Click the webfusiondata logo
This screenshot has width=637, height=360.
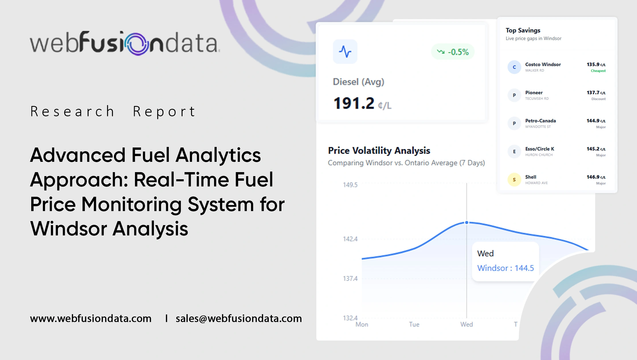(x=125, y=43)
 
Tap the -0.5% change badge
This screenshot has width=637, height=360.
(x=453, y=52)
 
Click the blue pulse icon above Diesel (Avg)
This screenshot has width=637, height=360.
(x=345, y=52)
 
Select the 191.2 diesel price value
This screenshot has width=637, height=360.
(x=354, y=103)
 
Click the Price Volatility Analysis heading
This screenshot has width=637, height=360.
(x=379, y=150)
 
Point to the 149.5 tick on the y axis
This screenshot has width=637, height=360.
(x=350, y=185)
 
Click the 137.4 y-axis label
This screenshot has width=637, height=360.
(x=350, y=278)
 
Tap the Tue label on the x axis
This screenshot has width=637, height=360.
(x=414, y=324)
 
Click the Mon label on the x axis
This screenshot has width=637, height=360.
(x=362, y=324)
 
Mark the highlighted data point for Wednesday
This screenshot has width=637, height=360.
(x=467, y=223)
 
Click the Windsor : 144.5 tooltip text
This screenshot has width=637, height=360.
(x=505, y=268)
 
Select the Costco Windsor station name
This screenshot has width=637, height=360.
(x=543, y=64)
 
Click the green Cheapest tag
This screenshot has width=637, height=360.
(x=598, y=71)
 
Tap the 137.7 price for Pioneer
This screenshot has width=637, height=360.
(x=596, y=93)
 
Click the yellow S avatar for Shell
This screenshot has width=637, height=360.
(x=514, y=180)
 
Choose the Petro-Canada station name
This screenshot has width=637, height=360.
(x=540, y=121)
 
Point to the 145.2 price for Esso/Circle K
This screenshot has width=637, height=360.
(x=596, y=149)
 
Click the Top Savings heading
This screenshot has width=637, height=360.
(x=523, y=30)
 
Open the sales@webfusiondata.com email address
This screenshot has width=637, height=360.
(x=239, y=318)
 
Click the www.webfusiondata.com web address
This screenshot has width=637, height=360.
(x=91, y=318)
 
